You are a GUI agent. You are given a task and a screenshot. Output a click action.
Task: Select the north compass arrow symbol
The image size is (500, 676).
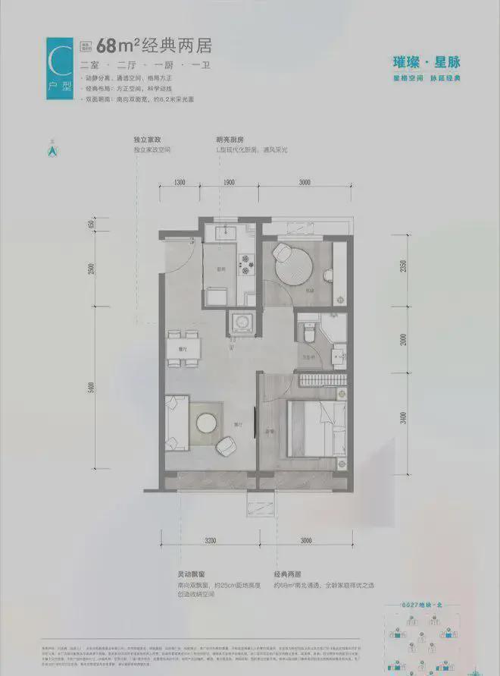(52, 150)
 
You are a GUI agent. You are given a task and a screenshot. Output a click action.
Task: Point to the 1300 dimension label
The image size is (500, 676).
(180, 183)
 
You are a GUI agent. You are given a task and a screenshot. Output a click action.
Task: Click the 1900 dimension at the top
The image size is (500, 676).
(230, 183)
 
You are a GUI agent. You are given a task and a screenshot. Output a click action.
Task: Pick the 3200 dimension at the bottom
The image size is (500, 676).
(209, 541)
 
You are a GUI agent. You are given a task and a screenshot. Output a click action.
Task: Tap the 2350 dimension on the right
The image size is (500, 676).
(404, 266)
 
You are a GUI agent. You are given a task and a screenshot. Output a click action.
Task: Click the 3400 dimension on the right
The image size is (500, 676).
(405, 418)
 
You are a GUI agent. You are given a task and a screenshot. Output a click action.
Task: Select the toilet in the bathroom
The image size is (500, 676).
(308, 332)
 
